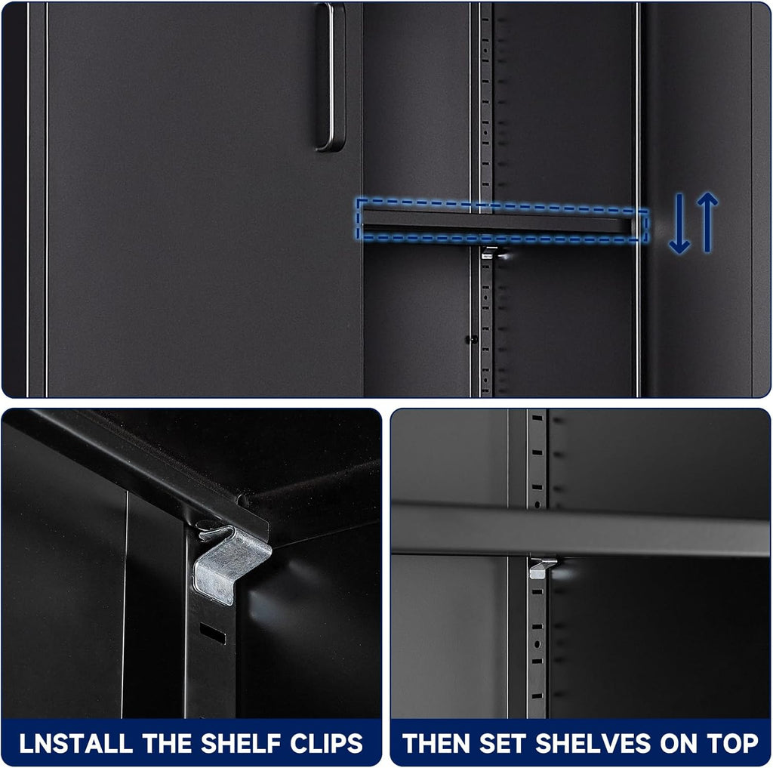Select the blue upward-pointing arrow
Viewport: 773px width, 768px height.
(x=707, y=222)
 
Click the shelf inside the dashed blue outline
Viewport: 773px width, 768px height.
(x=498, y=221)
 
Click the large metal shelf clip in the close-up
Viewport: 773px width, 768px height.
(x=231, y=564)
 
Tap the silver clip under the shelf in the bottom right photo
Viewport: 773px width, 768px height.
(x=542, y=568)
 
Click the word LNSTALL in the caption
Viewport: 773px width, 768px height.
(x=76, y=743)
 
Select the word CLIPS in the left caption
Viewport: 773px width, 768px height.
(x=326, y=743)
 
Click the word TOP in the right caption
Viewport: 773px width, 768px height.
(x=732, y=743)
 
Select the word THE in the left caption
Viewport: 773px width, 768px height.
(x=167, y=743)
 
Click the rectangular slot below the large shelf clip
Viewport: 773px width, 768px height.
(x=213, y=633)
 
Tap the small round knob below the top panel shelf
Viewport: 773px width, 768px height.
(x=473, y=339)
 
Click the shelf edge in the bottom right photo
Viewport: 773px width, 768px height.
(x=581, y=529)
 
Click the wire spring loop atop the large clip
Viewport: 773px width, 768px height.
(x=215, y=531)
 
